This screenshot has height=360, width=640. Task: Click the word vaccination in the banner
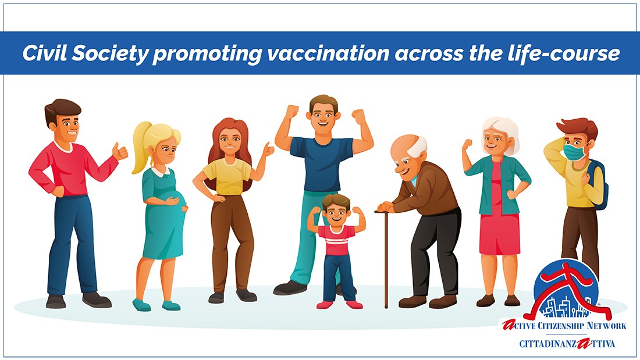coord(328,53)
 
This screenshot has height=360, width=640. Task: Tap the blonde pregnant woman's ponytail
coord(141,147)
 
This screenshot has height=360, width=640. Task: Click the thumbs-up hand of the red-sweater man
coord(120,152)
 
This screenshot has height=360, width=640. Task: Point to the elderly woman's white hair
coord(500,129)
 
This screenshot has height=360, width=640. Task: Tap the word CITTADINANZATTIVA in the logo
coord(567,344)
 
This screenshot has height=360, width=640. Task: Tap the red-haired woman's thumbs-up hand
coord(269,149)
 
